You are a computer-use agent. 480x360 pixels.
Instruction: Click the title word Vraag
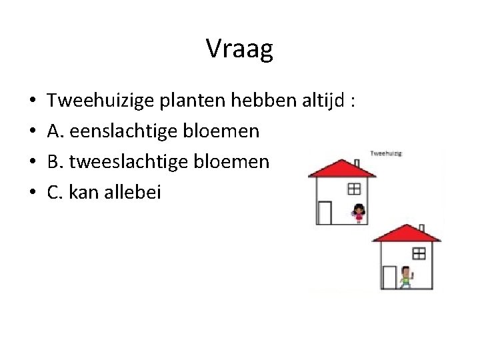point(239,49)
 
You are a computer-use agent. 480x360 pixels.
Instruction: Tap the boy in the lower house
point(407,277)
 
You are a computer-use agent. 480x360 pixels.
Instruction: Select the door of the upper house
point(325,213)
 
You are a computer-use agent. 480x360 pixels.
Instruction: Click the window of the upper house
point(353,188)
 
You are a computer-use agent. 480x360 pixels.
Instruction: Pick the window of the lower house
point(419,253)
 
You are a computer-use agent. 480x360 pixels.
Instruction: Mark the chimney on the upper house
point(357,163)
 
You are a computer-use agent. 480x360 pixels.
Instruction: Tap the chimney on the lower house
point(423,228)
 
